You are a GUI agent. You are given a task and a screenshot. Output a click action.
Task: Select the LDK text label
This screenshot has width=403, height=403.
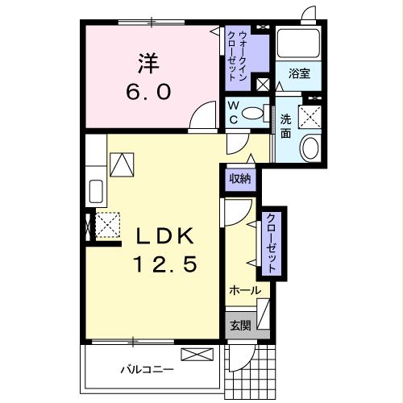(x=164, y=236)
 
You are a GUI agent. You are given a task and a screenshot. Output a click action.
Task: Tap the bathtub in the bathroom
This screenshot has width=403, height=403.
(x=299, y=44)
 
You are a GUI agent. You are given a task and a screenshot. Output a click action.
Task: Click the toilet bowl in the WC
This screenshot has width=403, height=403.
(x=253, y=114)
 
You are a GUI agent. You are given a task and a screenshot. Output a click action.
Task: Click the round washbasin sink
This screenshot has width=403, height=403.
(x=309, y=147)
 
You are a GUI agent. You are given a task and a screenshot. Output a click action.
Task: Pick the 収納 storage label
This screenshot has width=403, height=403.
(x=240, y=178)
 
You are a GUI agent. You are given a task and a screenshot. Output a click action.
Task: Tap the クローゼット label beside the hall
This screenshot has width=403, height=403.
(x=272, y=243)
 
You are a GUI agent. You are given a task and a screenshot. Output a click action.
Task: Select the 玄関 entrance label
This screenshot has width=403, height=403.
(x=240, y=326)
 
